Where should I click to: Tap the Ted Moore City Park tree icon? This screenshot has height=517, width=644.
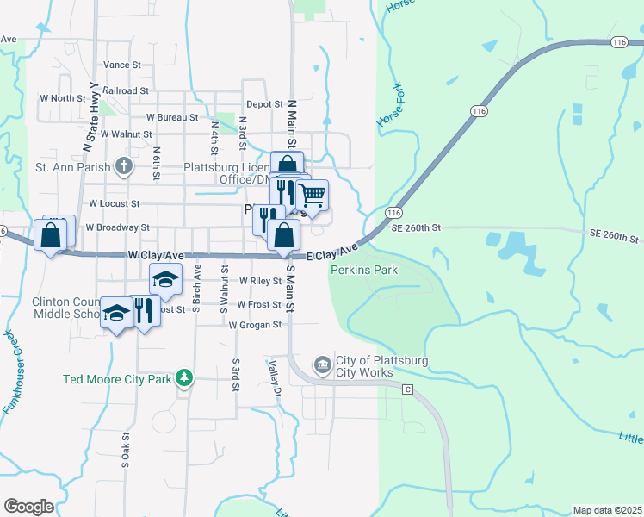coord(183,377)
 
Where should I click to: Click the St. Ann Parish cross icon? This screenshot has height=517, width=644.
coord(124,166)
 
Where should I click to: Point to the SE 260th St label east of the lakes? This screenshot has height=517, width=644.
coord(615,236)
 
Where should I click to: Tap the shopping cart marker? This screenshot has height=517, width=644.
coord(312,196)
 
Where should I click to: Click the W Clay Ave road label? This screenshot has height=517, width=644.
coord(156,256)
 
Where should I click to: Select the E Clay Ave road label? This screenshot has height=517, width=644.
coord(332,253)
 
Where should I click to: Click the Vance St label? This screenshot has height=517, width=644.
coord(122,65)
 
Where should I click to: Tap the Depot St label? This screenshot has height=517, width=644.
coord(264,104)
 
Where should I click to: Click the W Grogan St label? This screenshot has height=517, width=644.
coord(255,325)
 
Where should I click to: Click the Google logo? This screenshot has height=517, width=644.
coord(28,506)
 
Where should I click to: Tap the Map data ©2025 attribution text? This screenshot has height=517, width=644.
coord(606,510)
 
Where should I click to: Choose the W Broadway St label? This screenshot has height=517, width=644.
coord(119,227)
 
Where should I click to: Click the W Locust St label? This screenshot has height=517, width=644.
coord(114,204)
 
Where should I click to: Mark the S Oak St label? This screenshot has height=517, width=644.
coord(126,452)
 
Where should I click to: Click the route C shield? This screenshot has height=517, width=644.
coord(408,389)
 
